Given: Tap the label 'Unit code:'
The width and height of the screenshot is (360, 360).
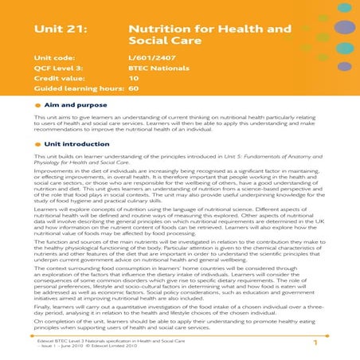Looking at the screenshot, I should click(56, 58).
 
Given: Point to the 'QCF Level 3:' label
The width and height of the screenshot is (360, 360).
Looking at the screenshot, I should click(61, 68).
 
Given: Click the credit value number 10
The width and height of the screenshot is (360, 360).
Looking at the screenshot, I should click(133, 79).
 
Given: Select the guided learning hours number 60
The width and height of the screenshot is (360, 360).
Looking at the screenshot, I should click(133, 89).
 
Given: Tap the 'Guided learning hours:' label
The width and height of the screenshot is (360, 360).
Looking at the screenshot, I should click(76, 89).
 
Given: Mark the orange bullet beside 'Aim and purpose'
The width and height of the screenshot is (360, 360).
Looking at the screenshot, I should click(39, 104).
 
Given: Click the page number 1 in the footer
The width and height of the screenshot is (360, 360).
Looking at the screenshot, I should click(315, 343).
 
